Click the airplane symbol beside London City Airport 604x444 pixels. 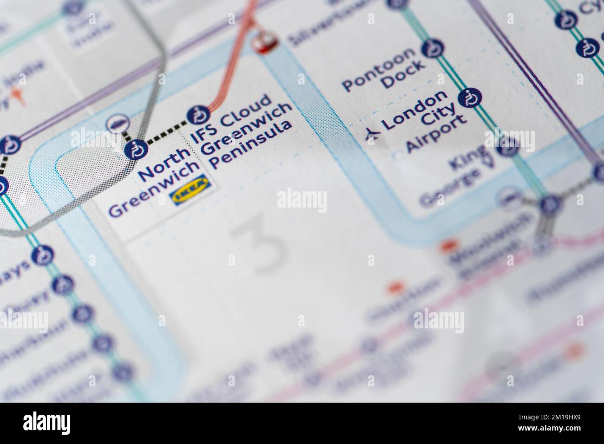point(372,134)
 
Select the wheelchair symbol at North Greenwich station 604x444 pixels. point(136,150)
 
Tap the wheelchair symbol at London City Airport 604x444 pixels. point(469,98)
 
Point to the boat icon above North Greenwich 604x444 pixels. point(116,123)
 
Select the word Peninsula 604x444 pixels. point(251,145)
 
